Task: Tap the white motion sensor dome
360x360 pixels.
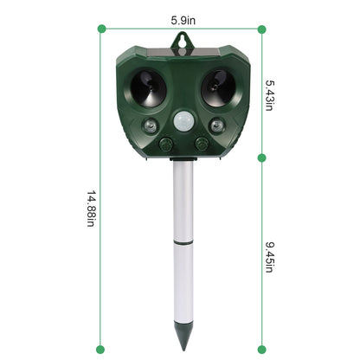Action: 182,122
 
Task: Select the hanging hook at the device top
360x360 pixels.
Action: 182,38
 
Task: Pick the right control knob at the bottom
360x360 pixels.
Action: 202,143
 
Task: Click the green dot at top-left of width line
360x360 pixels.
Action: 102,29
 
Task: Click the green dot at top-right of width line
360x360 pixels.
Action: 261,29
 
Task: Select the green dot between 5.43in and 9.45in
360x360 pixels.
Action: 261,158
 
